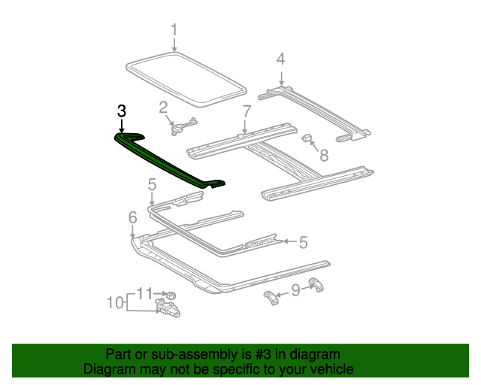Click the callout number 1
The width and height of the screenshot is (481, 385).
(x=174, y=31)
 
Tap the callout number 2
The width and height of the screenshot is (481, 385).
(x=163, y=108)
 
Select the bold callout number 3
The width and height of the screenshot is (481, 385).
(x=123, y=111)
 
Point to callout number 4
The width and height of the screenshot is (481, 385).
(x=280, y=59)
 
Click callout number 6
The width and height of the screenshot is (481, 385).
(x=132, y=217)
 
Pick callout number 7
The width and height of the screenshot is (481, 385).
(x=246, y=112)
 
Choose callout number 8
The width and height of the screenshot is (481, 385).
(x=324, y=155)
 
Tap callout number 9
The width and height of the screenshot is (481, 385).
(x=295, y=290)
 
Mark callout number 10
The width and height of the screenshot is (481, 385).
(x=114, y=303)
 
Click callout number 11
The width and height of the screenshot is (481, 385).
(x=144, y=293)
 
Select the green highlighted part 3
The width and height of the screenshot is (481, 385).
(x=169, y=160)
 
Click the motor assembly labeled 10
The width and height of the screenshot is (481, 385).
(x=170, y=307)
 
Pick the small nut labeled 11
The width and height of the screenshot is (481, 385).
(x=171, y=293)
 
